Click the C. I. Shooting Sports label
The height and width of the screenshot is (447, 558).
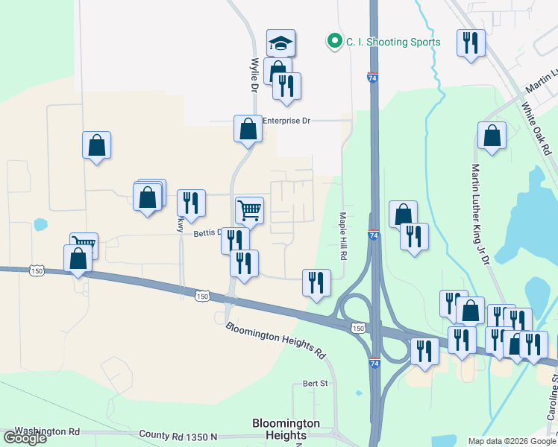pyautogui.click(x=392, y=42)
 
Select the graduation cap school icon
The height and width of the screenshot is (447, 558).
pyautogui.click(x=281, y=43)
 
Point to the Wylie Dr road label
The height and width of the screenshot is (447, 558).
pyautogui.click(x=254, y=74)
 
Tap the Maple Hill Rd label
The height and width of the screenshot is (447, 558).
pyautogui.click(x=343, y=235)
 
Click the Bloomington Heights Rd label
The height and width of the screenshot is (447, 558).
pyautogui.click(x=276, y=339)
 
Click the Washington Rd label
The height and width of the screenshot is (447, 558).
pyautogui.click(x=47, y=431)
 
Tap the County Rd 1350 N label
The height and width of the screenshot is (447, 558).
pyautogui.click(x=178, y=435)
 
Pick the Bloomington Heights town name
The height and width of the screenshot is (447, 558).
pyautogui.click(x=286, y=429)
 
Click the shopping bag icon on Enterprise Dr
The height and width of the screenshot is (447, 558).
pyautogui.click(x=248, y=129)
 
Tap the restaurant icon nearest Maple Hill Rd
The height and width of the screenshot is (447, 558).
pyautogui.click(x=316, y=282)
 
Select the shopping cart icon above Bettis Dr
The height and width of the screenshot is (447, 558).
pyautogui.click(x=249, y=209)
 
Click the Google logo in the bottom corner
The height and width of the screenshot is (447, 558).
pyautogui.click(x=24, y=439)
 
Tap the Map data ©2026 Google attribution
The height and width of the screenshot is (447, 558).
pyautogui.click(x=511, y=442)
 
